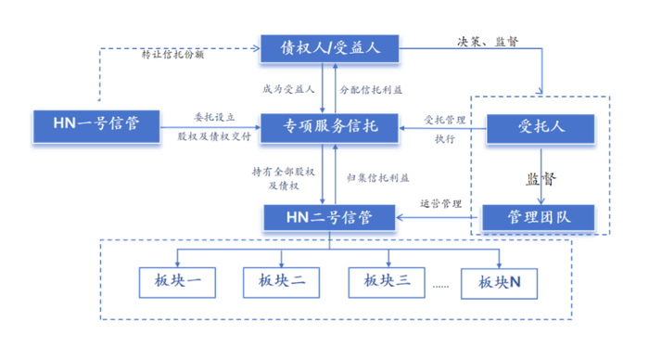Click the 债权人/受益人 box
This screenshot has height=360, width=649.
click(329, 48)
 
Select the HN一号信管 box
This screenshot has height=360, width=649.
click(96, 126)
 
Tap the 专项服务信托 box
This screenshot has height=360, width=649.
click(329, 128)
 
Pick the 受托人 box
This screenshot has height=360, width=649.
click(541, 129)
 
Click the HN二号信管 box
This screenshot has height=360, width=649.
click(329, 217)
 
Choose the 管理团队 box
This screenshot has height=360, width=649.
click(539, 217)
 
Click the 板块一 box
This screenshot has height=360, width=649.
click(178, 283)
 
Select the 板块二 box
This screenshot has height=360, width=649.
click(282, 283)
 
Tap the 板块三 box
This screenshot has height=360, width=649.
click(387, 283)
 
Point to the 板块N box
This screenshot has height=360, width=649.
click(499, 283)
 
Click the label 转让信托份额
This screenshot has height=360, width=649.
click(172, 55)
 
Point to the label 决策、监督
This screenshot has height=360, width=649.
click(488, 42)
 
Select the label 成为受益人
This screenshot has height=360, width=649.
click(288, 89)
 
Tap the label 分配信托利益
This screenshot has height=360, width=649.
click(371, 90)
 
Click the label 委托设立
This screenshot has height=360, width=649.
click(214, 117)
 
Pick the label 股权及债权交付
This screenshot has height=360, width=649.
click(214, 136)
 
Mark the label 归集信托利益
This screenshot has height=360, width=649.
click(378, 178)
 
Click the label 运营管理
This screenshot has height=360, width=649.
click(440, 204)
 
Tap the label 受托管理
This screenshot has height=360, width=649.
click(445, 120)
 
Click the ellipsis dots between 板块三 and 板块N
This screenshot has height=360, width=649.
click(440, 287)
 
